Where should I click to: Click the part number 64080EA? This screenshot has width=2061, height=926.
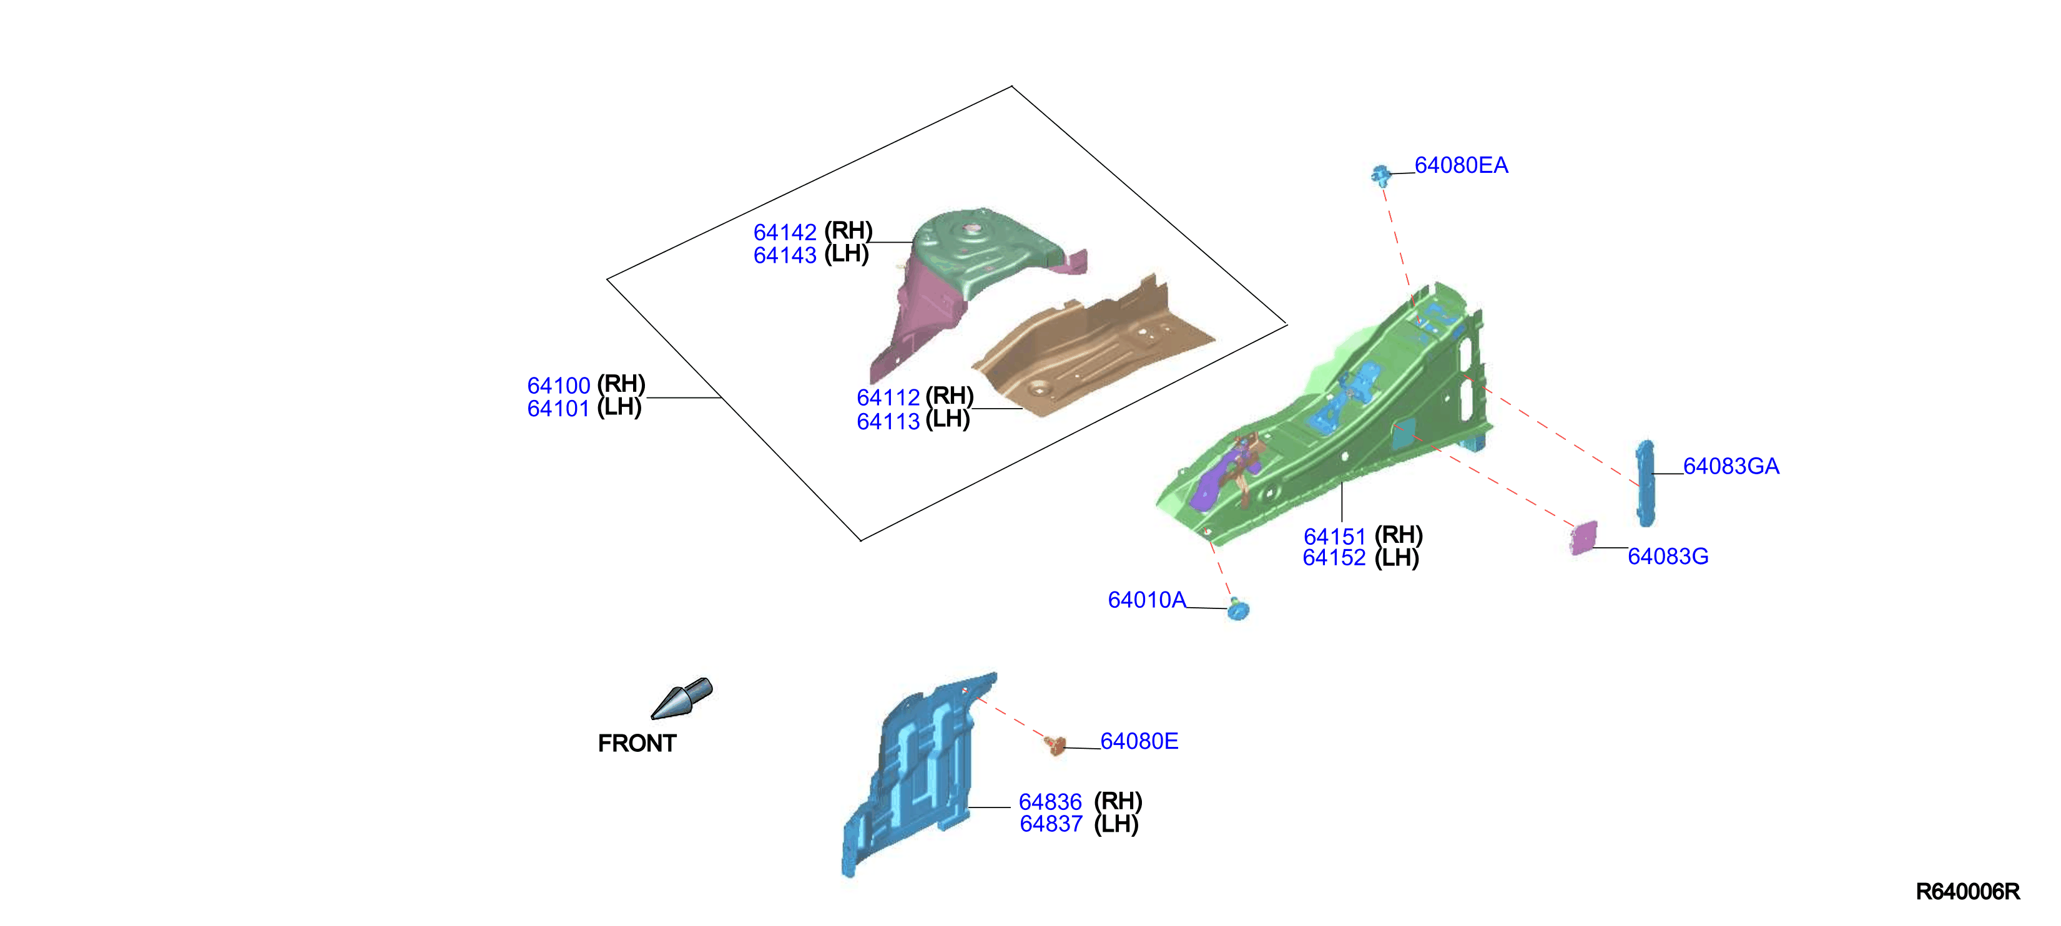pyautogui.click(x=1461, y=165)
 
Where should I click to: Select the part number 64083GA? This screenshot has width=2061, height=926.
pyautogui.click(x=1731, y=466)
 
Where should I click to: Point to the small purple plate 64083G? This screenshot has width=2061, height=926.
pyautogui.click(x=1583, y=538)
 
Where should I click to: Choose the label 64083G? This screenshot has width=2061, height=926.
pyautogui.click(x=1668, y=557)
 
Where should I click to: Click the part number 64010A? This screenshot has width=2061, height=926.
pyautogui.click(x=1146, y=600)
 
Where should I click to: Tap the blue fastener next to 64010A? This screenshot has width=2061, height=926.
pyautogui.click(x=1237, y=608)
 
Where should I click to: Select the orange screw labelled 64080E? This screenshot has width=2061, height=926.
pyautogui.click(x=1055, y=745)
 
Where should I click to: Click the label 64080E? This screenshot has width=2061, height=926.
pyautogui.click(x=1138, y=741)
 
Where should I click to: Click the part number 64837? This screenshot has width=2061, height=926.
pyautogui.click(x=1051, y=824)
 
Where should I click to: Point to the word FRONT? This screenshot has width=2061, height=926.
pyautogui.click(x=637, y=744)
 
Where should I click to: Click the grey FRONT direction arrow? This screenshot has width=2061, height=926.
pyautogui.click(x=682, y=698)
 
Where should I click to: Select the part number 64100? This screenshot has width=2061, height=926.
pyautogui.click(x=558, y=386)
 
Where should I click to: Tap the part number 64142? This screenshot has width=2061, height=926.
pyautogui.click(x=785, y=233)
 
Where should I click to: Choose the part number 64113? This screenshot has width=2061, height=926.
pyautogui.click(x=888, y=421)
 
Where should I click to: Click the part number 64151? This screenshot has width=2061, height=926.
pyautogui.click(x=1334, y=537)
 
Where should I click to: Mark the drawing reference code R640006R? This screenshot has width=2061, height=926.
pyautogui.click(x=1967, y=892)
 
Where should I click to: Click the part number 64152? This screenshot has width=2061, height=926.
pyautogui.click(x=1334, y=558)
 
